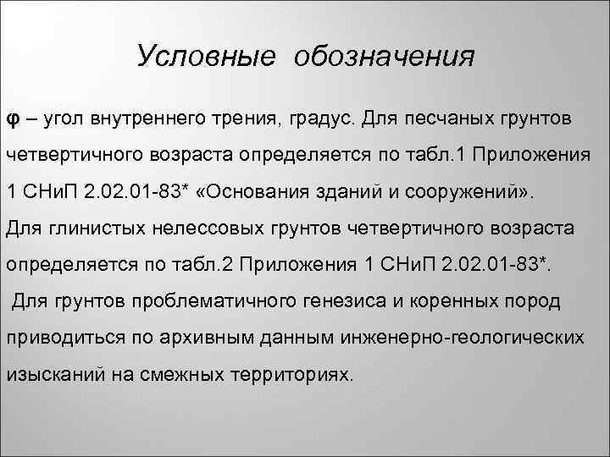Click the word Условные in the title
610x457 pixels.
pyautogui.click(x=206, y=57)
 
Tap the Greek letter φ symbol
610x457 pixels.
pyautogui.click(x=13, y=119)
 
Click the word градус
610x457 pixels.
pyautogui.click(x=347, y=119)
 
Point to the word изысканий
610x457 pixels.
pyautogui.click(x=50, y=375)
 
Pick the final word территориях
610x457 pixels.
pyautogui.click(x=291, y=375)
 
